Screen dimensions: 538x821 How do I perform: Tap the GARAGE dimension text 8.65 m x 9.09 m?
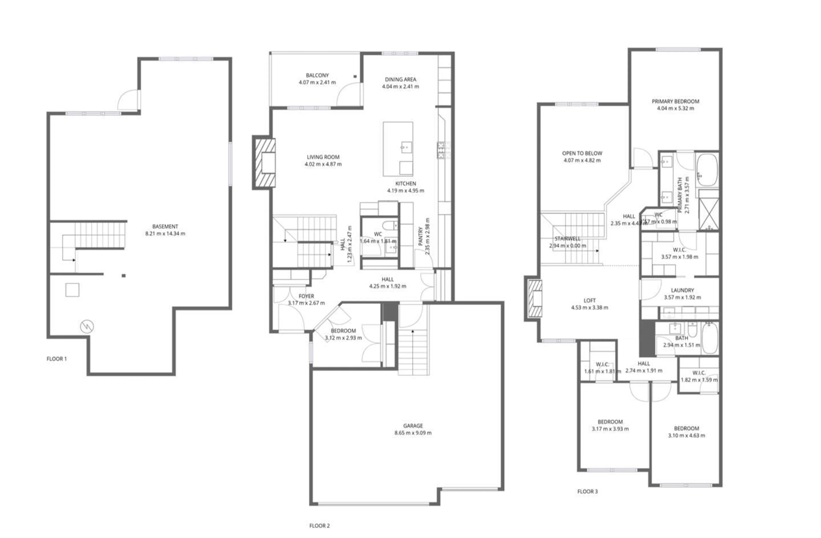(413, 433)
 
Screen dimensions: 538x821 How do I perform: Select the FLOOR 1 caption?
(57, 359)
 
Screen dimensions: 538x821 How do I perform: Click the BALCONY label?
(317, 75)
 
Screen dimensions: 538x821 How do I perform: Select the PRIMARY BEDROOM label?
(675, 101)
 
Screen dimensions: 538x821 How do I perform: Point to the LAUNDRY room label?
(682, 290)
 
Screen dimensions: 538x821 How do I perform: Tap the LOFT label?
(589, 301)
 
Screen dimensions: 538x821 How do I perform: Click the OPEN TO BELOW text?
(582, 153)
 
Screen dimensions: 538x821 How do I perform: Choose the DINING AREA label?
(400, 79)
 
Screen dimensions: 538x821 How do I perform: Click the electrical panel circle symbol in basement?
(87, 326)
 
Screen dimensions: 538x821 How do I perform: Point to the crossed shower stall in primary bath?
(709, 214)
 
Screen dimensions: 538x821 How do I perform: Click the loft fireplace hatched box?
(535, 299)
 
